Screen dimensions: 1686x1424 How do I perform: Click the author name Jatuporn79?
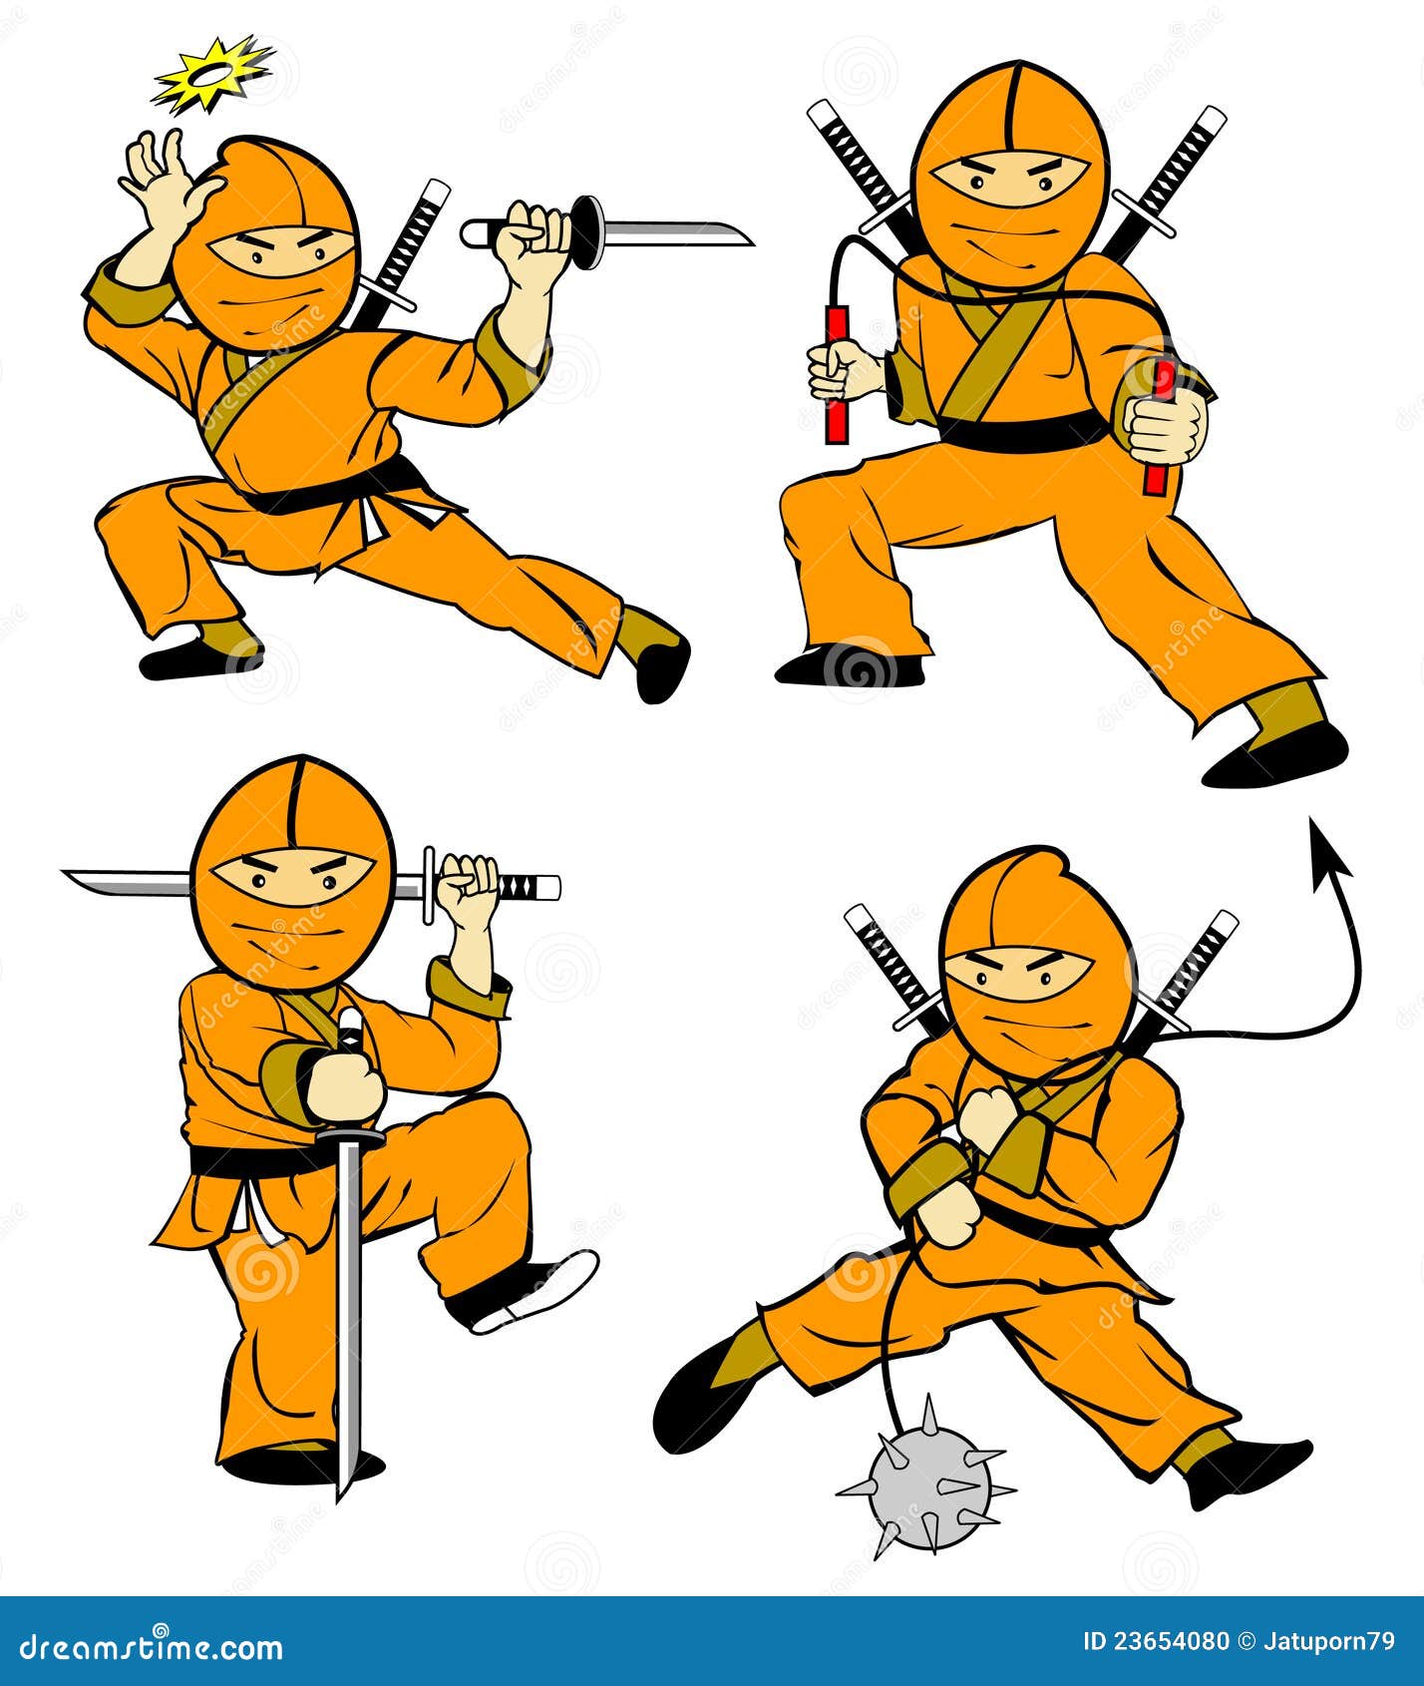click(x=1331, y=1642)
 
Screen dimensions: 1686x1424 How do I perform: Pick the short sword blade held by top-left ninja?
click(x=678, y=235)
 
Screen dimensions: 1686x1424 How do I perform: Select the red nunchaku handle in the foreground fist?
click(x=1160, y=429)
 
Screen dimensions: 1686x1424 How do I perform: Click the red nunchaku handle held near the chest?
click(x=836, y=374)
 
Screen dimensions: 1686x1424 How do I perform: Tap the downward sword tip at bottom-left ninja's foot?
click(x=344, y=1491)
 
